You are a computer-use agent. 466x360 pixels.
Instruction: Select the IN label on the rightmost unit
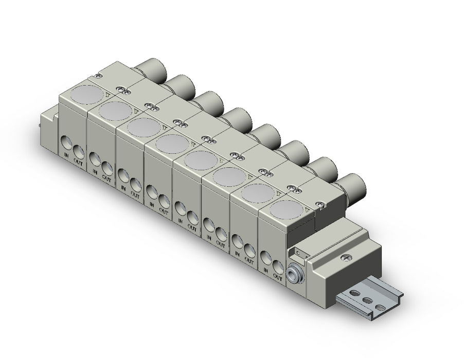coord(266,271)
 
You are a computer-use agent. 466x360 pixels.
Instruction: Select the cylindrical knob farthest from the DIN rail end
coord(152,71)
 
